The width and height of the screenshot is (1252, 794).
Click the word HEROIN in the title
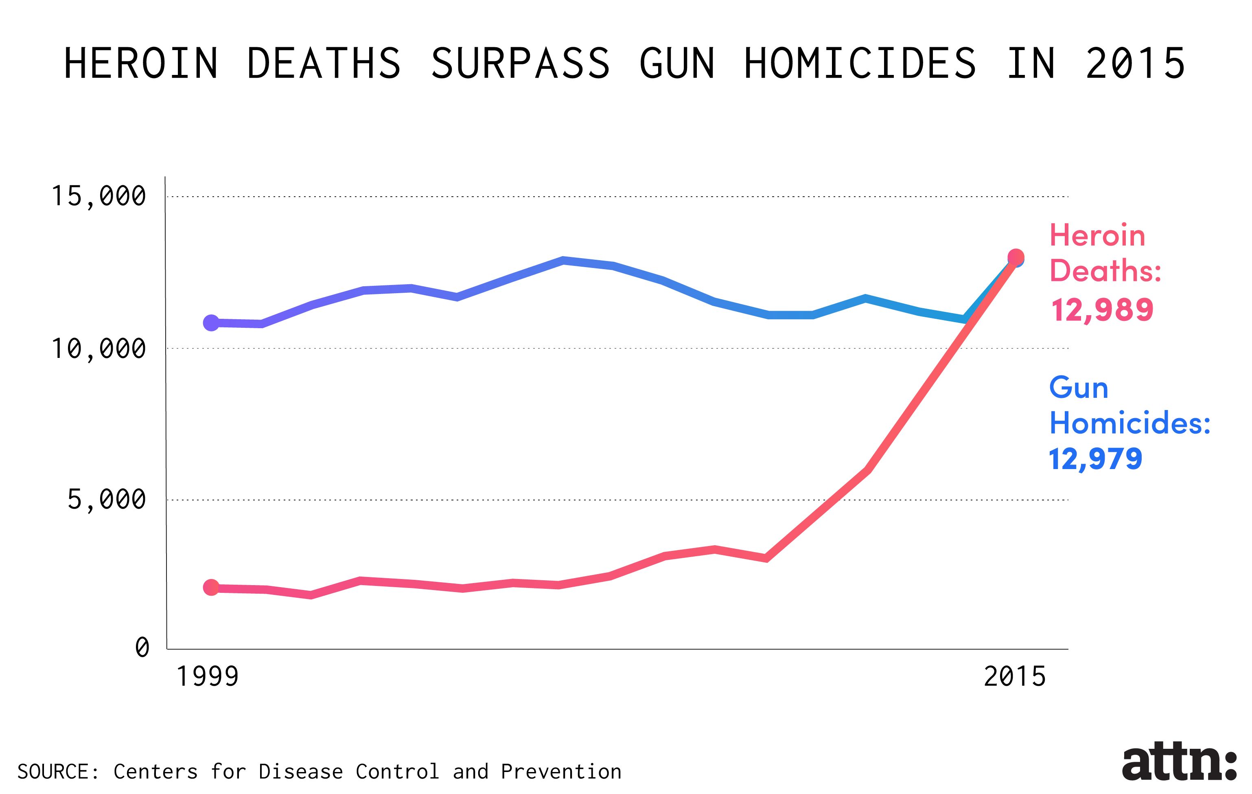coord(141,64)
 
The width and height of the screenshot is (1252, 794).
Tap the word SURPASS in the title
coord(521,64)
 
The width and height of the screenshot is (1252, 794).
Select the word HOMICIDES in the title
coord(860,64)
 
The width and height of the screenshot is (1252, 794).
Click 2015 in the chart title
coord(1136,64)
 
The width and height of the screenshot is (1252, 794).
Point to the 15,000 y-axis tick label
coord(98,197)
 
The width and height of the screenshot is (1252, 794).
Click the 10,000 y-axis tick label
coord(98,349)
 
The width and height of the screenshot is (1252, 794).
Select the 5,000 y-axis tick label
coord(107,500)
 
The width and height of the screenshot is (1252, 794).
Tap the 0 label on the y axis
coord(142,648)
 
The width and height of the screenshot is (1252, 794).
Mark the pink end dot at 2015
coord(1016,257)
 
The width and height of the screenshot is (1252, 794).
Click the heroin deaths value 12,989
coord(1102,310)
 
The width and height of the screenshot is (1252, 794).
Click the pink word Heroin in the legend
coord(1097,235)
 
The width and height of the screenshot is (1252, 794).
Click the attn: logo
coord(1179,762)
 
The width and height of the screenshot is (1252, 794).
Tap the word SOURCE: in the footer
coord(58,772)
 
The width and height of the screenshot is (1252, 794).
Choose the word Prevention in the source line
coord(561,772)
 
